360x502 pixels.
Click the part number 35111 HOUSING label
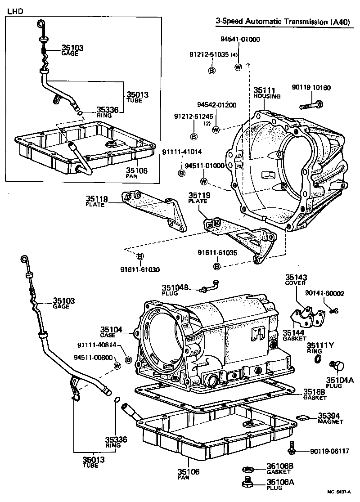coord(266,93)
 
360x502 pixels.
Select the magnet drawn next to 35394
coord(302,417)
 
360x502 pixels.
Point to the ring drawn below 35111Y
coord(318,359)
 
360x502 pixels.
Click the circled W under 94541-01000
coord(238,67)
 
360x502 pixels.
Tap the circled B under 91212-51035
coord(211,70)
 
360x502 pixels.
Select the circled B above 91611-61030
coord(140,256)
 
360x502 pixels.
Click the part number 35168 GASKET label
coord(315,394)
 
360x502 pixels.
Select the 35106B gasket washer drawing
coord(247,469)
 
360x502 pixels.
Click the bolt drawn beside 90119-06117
coord(292,447)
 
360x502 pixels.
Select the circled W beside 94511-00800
coord(117,366)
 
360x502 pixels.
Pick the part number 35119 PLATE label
coord(198,197)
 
